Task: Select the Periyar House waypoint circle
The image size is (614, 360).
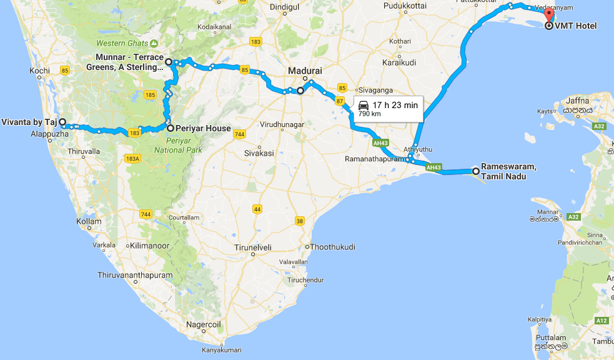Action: pyautogui.click(x=170, y=128)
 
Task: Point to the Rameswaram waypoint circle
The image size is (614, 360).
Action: pyautogui.click(x=475, y=171)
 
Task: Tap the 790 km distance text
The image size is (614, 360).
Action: pyautogui.click(x=370, y=114)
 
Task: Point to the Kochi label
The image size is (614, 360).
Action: pyautogui.click(x=39, y=71)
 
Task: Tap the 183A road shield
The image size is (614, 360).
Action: pyautogui.click(x=134, y=158)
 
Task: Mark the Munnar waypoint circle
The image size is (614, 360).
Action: pyautogui.click(x=169, y=62)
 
